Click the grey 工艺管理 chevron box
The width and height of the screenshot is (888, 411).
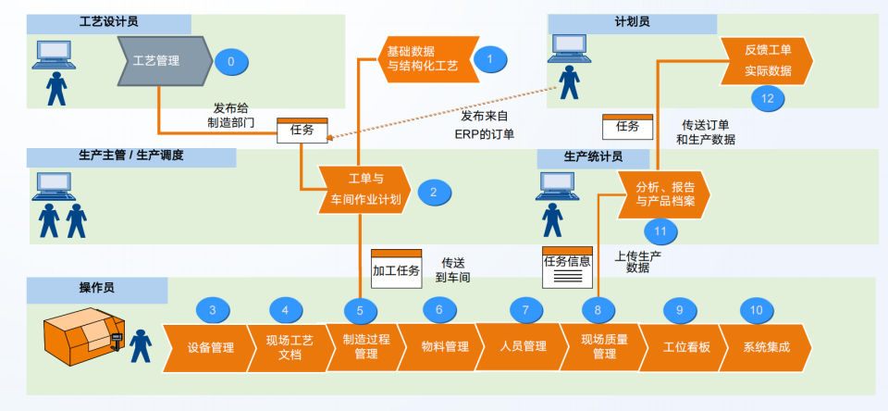(x=158, y=61)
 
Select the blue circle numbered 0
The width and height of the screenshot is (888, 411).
(x=231, y=62)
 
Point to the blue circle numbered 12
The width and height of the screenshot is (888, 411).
(x=768, y=97)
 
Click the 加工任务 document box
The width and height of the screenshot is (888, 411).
(x=396, y=268)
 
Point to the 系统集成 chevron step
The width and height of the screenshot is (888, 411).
(x=766, y=347)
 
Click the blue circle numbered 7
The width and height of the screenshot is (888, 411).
(x=525, y=310)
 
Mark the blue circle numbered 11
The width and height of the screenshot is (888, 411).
(x=660, y=230)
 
